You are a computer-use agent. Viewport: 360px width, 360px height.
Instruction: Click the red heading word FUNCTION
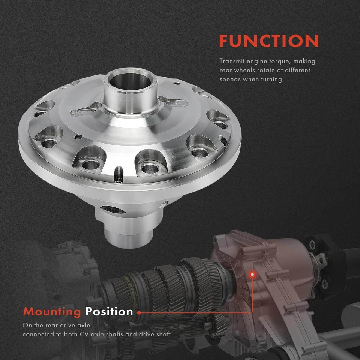[x=269, y=41]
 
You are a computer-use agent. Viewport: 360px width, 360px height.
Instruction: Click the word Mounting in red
[x=52, y=311]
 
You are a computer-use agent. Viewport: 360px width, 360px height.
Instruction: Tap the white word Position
[x=109, y=311]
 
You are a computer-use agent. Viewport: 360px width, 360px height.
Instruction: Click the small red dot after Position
[x=139, y=312]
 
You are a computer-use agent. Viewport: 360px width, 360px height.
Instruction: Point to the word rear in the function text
[x=226, y=70]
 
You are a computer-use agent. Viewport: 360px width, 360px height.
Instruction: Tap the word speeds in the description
[x=229, y=79]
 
